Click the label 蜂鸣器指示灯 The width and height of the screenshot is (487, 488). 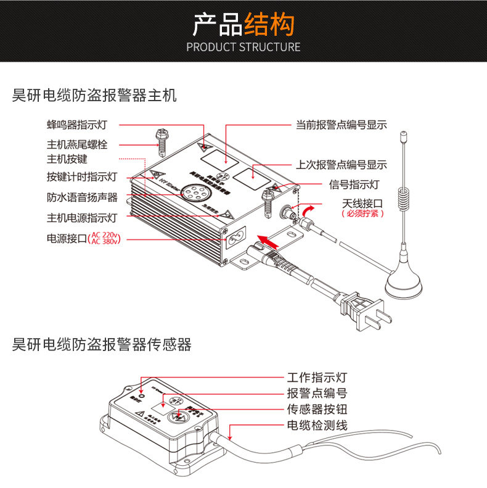77,125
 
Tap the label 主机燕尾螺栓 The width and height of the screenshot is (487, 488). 77,145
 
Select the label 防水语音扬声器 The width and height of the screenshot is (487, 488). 82,197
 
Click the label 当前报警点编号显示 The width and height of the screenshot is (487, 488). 341,125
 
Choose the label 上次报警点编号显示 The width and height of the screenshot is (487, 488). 341,165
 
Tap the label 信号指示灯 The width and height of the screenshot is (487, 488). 354,184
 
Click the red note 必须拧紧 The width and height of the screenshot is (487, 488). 363,213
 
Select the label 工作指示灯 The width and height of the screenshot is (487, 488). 317,377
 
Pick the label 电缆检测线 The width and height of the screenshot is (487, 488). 317,425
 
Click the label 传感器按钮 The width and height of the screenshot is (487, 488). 317,409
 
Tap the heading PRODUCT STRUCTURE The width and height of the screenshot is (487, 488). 243,47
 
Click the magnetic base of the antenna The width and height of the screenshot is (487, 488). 404,282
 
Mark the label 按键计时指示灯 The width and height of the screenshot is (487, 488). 82,177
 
